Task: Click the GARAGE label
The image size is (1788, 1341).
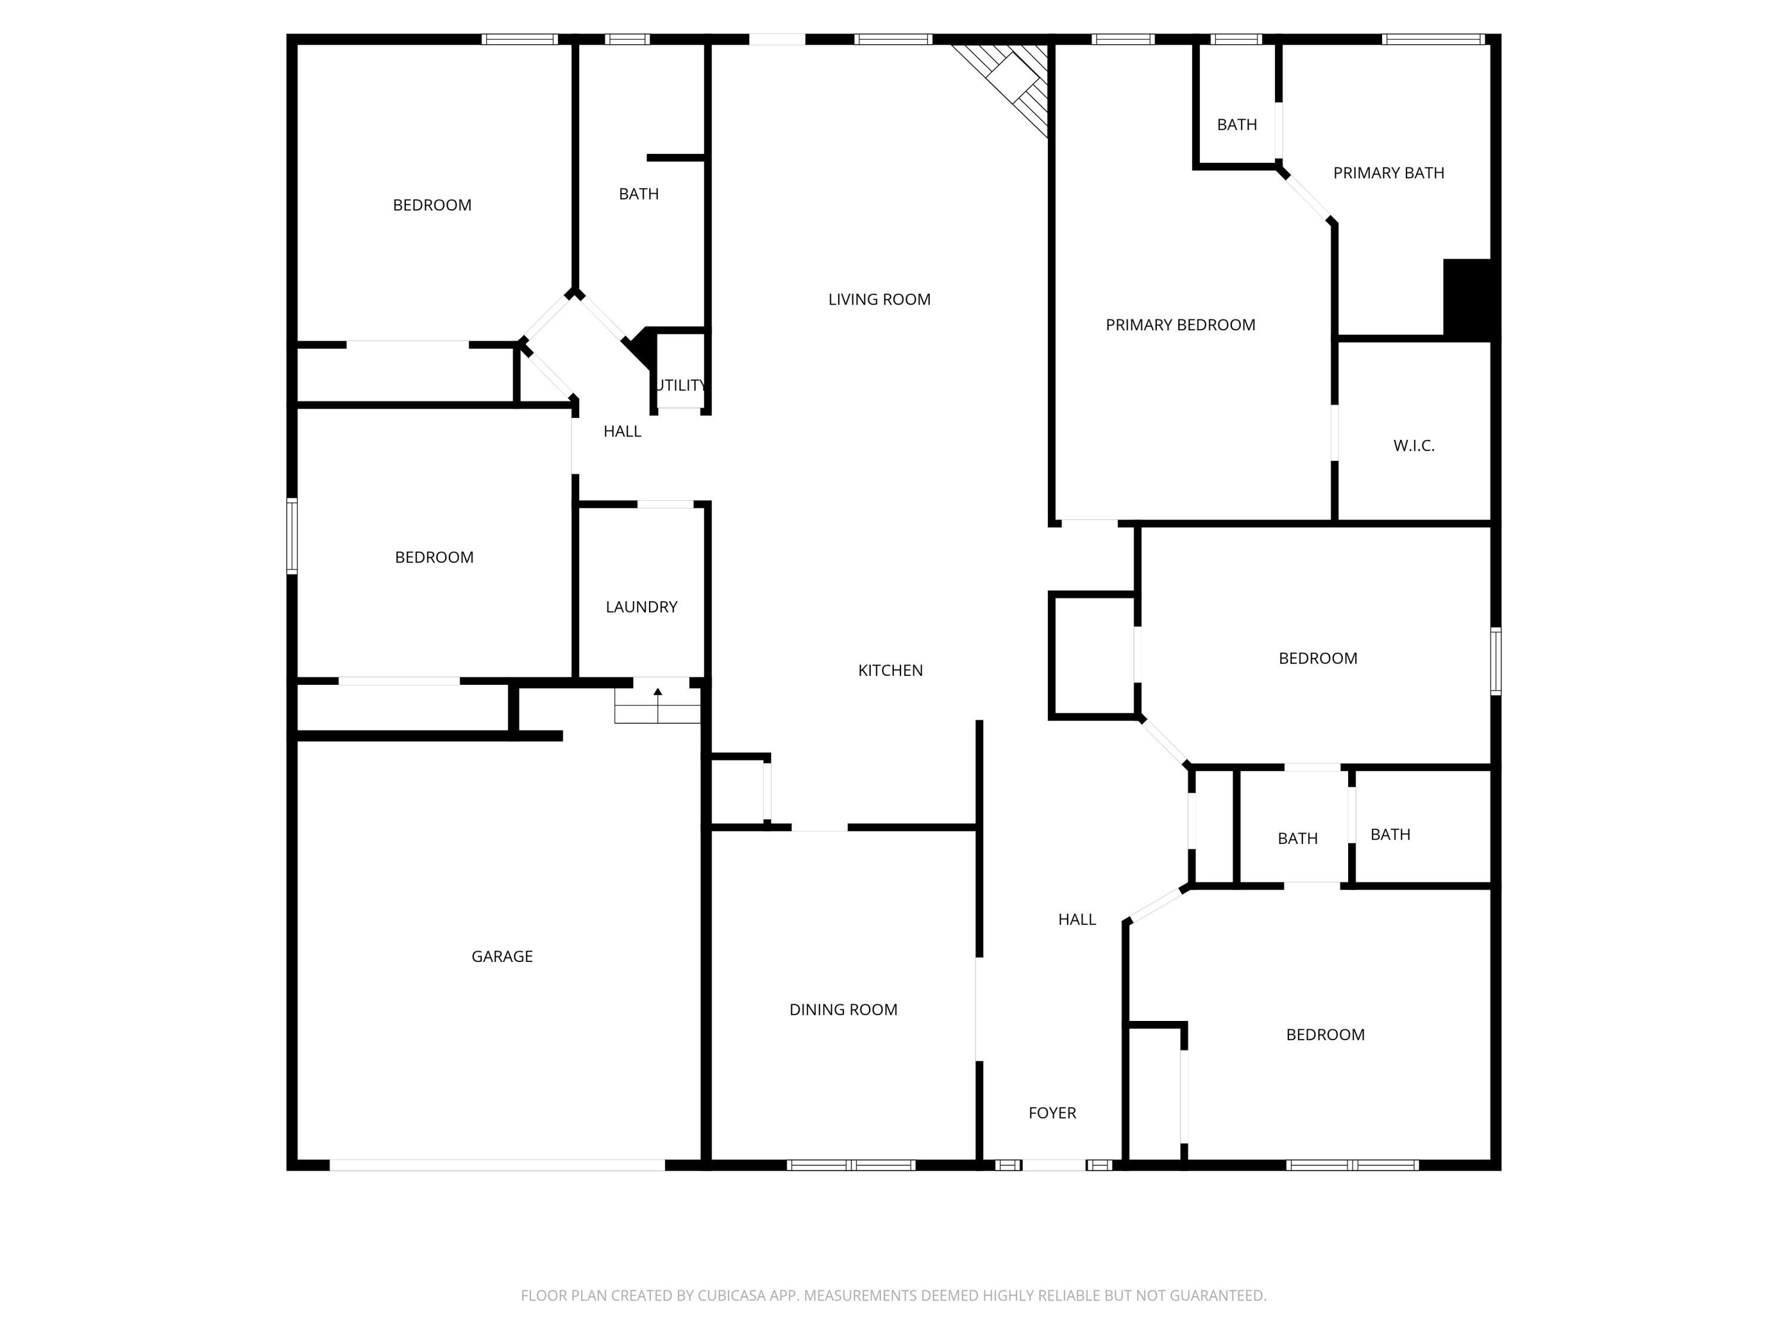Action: [x=502, y=956]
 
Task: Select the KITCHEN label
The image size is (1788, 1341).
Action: [x=890, y=670]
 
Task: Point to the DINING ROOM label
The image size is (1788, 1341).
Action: [x=843, y=1010]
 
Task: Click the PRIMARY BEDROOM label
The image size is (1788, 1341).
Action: [x=1180, y=325]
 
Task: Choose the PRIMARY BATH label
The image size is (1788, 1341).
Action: [x=1388, y=173]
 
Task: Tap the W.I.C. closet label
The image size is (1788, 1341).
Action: [x=1414, y=445]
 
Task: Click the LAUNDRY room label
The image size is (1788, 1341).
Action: [x=641, y=607]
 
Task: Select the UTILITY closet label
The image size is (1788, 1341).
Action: [x=681, y=386]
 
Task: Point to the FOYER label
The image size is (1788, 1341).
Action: [x=1051, y=1113]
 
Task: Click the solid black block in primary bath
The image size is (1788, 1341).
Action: [x=1468, y=297]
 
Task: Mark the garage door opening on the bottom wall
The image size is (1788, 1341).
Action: [x=497, y=1165]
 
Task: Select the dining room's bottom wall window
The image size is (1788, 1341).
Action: [x=851, y=1165]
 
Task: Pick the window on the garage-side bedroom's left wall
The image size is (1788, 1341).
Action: [x=293, y=536]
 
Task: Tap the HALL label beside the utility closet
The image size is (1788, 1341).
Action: [x=622, y=432]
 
